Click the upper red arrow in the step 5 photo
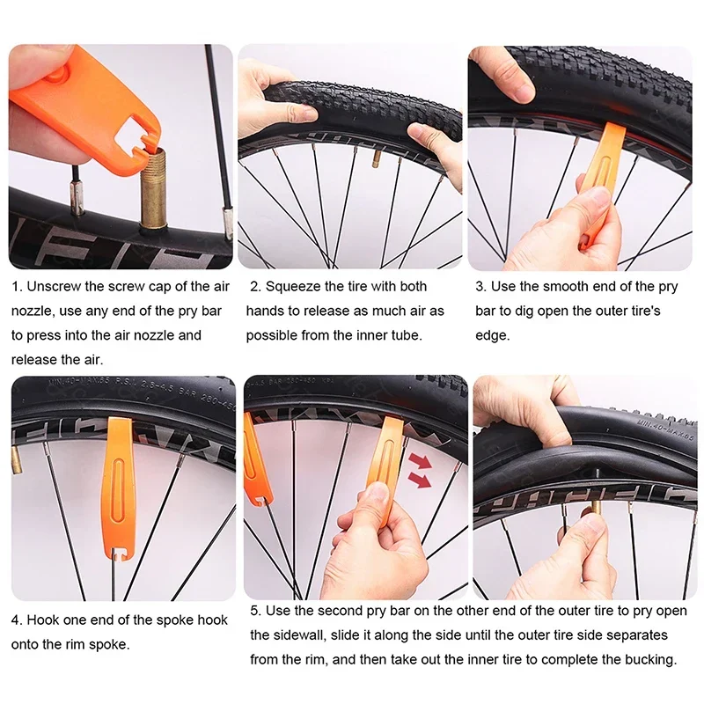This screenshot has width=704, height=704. tap(422, 460)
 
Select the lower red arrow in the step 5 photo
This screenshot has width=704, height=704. tap(422, 480)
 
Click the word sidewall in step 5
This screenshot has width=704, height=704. tap(278, 635)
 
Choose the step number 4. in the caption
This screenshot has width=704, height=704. tap(17, 620)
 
